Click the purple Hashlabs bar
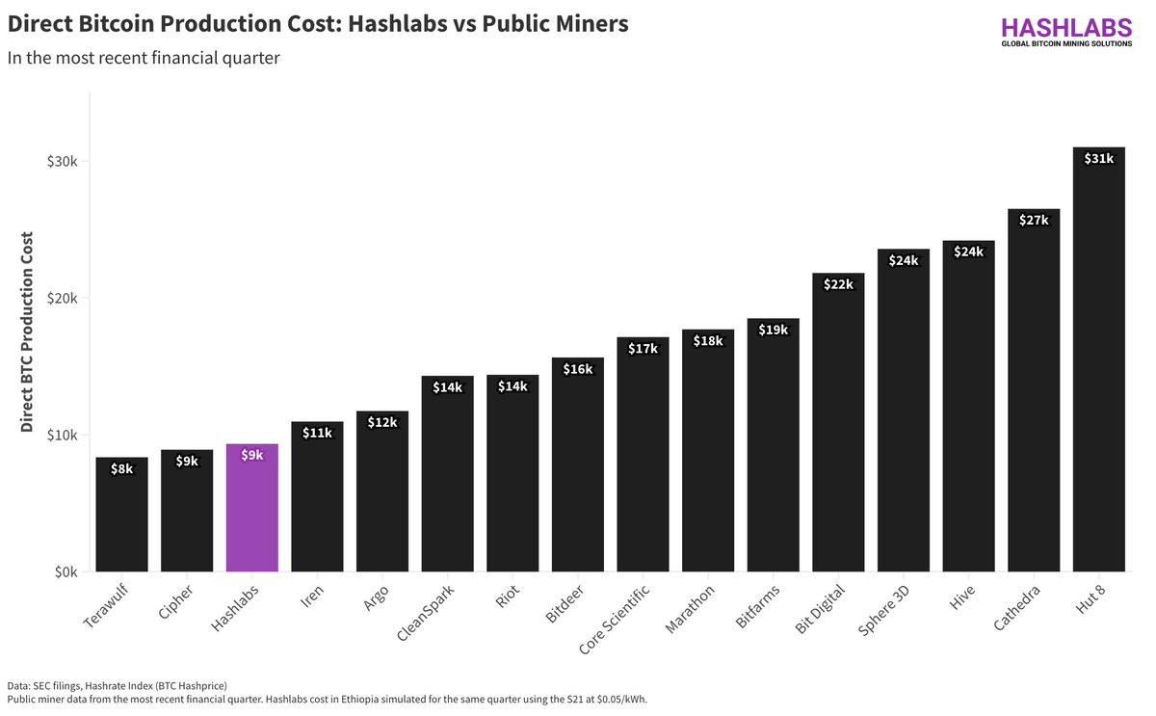[x=252, y=511]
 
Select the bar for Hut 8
[x=1098, y=366]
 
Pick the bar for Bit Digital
[x=838, y=424]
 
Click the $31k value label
[x=1098, y=159]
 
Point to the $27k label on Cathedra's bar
[x=1033, y=220]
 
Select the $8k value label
[x=121, y=469]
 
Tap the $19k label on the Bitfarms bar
[x=773, y=330]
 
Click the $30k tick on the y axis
[x=61, y=161]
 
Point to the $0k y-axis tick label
[x=65, y=572]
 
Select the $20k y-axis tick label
[x=61, y=298]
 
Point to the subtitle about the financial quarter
[x=144, y=58]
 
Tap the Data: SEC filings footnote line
[x=117, y=685]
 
